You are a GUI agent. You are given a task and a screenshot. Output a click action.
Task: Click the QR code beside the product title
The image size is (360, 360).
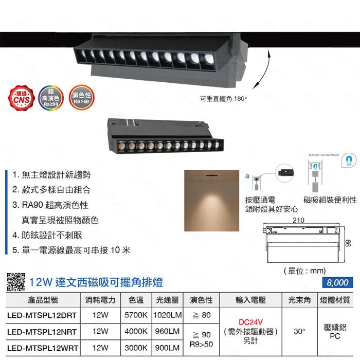tap(15, 282)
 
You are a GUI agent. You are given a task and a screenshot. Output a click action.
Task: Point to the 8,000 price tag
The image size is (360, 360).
tap(337, 282)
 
